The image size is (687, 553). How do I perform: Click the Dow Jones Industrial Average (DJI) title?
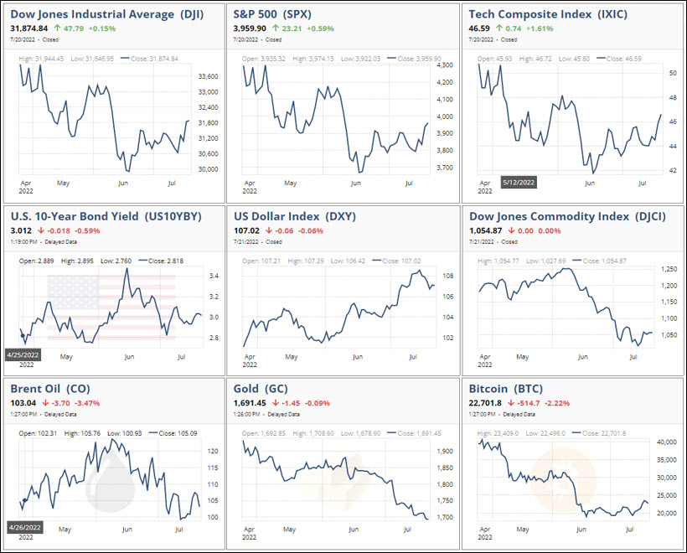pos(104,13)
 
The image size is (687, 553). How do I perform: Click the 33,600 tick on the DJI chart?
pos(207,76)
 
